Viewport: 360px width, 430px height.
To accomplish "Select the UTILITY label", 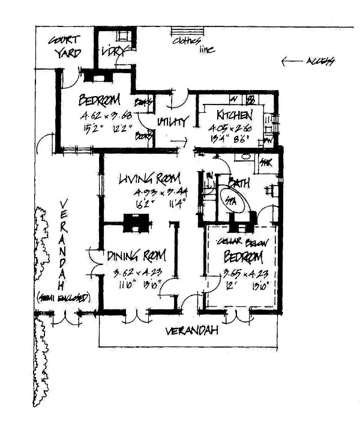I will tap(173, 121).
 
